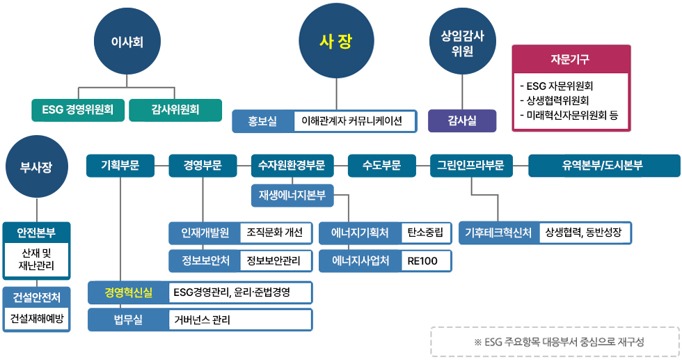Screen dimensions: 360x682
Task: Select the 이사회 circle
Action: tap(127, 42)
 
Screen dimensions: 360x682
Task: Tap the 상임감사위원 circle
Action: tap(463, 42)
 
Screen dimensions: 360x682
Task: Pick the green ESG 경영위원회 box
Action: tap(78, 109)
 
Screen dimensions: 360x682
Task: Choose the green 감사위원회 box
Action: tap(175, 109)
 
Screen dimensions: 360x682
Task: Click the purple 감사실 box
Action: tap(462, 120)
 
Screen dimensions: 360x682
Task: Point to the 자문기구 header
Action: tap(571, 59)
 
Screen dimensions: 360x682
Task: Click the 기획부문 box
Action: tap(120, 166)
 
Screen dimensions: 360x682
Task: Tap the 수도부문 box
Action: tap(381, 166)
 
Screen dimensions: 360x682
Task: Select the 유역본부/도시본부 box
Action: tap(603, 166)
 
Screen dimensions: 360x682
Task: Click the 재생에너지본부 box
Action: tap(292, 196)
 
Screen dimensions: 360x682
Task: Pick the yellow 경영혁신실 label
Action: tap(128, 292)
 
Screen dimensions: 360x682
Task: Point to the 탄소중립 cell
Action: tap(427, 233)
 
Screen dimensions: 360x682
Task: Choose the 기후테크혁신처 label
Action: tap(499, 233)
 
